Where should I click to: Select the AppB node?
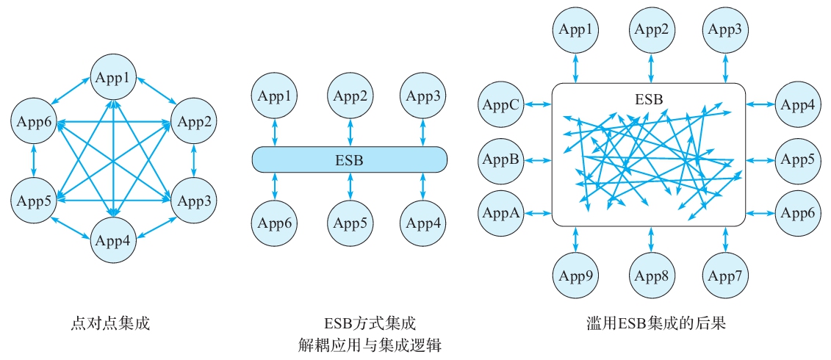pyautogui.click(x=500, y=159)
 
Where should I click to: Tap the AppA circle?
pyautogui.click(x=500, y=213)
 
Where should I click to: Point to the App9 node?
pyautogui.click(x=575, y=276)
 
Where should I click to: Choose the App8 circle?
pyautogui.click(x=651, y=276)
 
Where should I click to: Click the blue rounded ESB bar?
pyautogui.click(x=349, y=159)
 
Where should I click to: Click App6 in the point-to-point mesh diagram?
pyautogui.click(x=34, y=121)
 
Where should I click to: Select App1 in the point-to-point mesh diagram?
pyautogui.click(x=113, y=77)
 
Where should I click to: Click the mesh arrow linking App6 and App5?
pyautogui.click(x=34, y=160)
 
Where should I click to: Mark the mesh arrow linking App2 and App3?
pyautogui.click(x=193, y=160)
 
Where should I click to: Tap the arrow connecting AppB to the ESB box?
pyautogui.click(x=537, y=159)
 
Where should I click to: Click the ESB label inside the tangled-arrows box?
pyautogui.click(x=648, y=97)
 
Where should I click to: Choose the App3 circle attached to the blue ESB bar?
pyautogui.click(x=423, y=96)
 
